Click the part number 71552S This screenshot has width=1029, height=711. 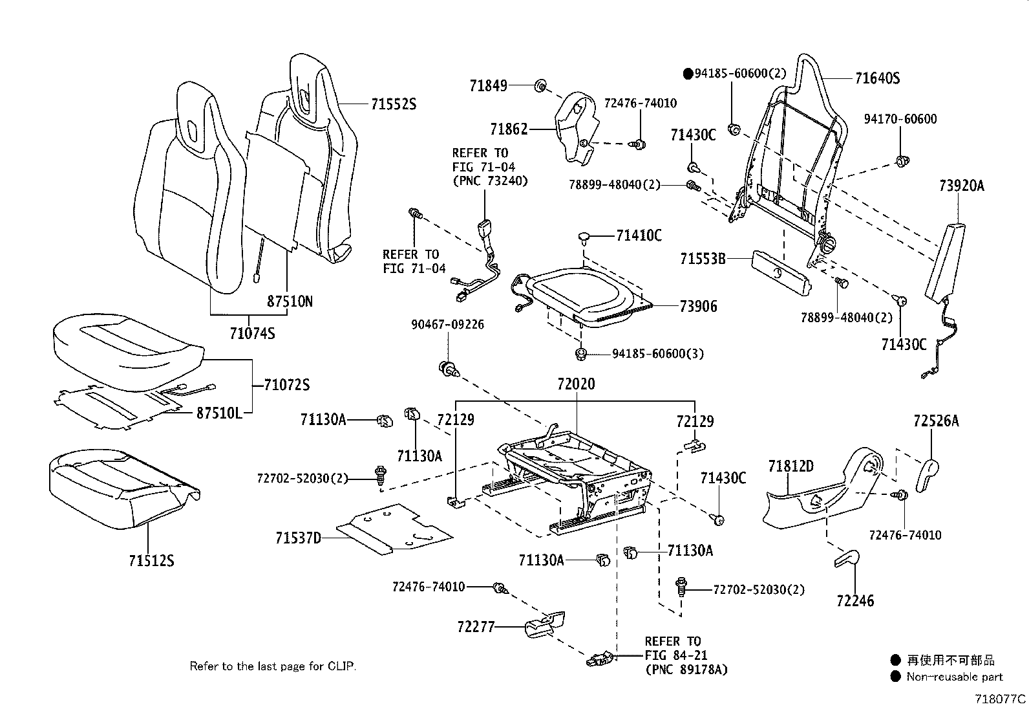(393, 104)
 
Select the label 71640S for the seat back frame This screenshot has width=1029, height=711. (877, 79)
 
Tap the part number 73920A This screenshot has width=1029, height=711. (962, 186)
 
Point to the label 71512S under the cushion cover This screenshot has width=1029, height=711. (151, 560)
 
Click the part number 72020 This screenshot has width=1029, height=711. (576, 384)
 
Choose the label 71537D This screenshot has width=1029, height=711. (299, 538)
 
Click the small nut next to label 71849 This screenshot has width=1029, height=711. (541, 85)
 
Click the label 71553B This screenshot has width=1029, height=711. (703, 259)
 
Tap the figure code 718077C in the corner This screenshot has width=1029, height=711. (1000, 699)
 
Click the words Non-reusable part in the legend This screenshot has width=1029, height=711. (955, 677)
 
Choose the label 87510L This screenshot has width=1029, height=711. (219, 413)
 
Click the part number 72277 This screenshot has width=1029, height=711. (476, 626)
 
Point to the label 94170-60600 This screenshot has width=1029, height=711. (900, 119)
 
